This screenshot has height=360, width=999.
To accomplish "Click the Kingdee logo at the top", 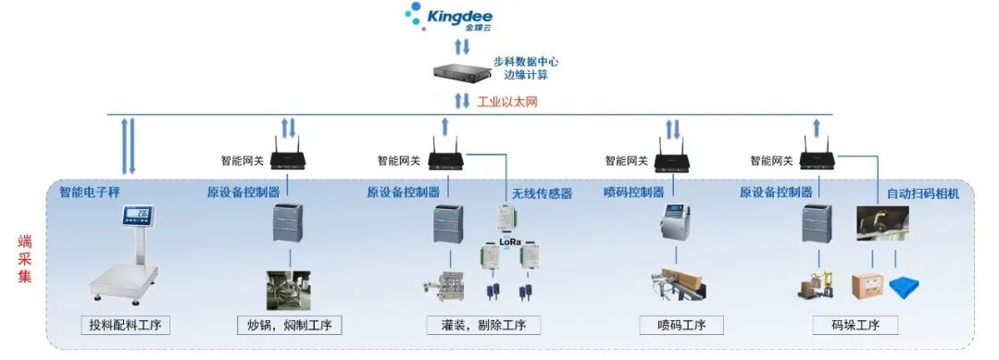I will pos(449,17).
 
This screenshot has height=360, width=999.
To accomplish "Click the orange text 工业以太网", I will pos(506,101).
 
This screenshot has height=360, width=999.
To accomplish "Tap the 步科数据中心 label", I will pos(526,62).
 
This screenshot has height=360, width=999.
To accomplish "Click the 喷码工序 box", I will pos(674,325).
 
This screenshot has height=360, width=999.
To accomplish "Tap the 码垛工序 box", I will pos(855,325).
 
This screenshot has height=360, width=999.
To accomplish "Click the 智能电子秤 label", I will pos(90,192).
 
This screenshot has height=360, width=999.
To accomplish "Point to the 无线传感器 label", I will pos(542,193).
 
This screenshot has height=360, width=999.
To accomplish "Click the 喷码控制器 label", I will pos(633,192).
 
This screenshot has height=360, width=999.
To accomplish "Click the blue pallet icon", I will pos(903,287).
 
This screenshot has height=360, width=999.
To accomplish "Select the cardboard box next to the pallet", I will pos(868,286).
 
